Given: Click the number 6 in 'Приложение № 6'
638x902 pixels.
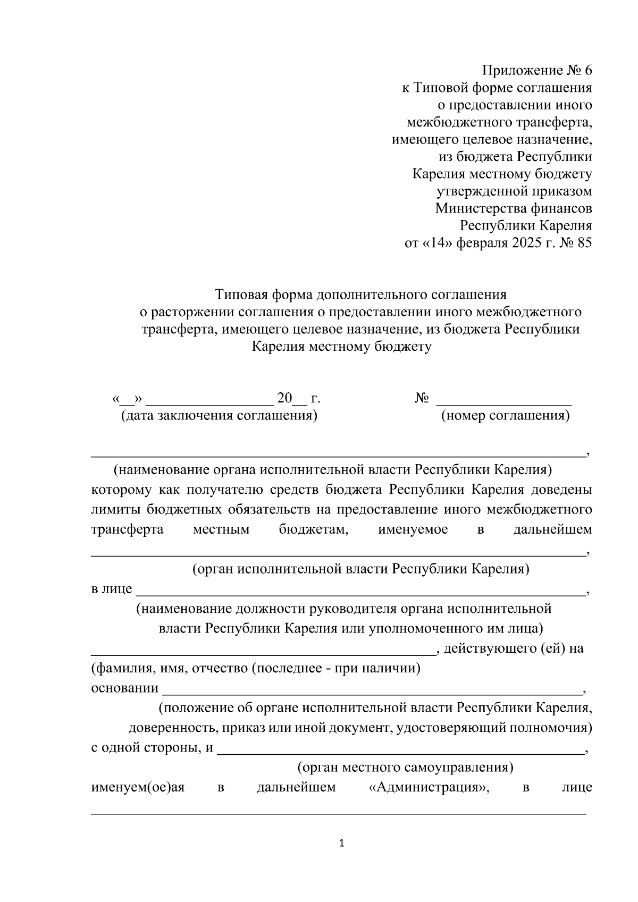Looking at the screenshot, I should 587,71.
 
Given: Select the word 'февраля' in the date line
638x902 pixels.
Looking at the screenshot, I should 482,243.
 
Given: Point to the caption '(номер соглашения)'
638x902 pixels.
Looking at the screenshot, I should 505,416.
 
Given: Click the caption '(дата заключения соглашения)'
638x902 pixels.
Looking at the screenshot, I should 219,416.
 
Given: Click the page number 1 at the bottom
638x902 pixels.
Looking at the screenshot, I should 342,843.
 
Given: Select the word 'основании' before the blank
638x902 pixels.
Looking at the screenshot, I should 125,688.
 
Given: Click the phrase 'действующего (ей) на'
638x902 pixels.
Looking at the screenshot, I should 513,648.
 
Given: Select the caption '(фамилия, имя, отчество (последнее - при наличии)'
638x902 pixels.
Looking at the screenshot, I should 256,668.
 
